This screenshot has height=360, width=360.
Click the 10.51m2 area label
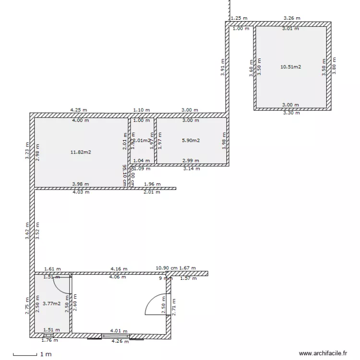(x=290, y=67)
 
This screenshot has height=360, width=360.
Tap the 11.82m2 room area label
(x=81, y=152)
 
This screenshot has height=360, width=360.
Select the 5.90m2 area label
(x=191, y=141)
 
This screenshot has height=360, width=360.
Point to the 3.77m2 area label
(x=51, y=303)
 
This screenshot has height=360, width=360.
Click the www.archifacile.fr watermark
(x=323, y=353)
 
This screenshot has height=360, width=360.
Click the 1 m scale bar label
(x=46, y=354)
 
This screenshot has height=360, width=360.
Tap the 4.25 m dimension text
(x=79, y=110)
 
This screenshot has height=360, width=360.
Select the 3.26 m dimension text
(x=292, y=18)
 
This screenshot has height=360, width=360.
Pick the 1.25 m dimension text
(x=239, y=18)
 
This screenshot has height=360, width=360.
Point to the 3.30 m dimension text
(x=291, y=113)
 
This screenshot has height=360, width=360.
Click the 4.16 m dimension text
(x=118, y=269)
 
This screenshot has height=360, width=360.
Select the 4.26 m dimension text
(x=120, y=341)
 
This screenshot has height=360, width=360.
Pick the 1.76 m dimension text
(x=50, y=341)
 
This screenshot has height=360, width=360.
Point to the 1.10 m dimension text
(x=142, y=110)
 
